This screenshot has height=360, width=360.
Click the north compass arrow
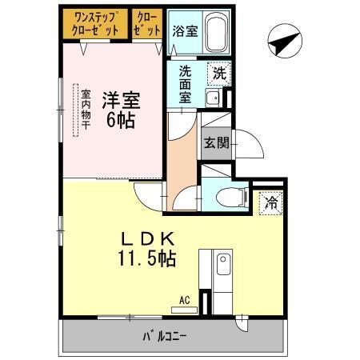coord(282,42)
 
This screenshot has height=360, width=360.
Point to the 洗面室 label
coord(183,82)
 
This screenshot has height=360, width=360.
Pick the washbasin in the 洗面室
coord(213,98)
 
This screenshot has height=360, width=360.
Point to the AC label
coord(184,301)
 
